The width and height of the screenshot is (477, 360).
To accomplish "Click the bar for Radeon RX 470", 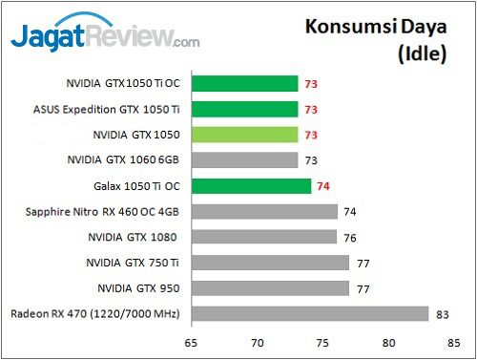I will [309, 313].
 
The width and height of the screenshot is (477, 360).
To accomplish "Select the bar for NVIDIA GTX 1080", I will [264, 236].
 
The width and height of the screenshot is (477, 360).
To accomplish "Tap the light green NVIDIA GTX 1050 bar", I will [244, 135].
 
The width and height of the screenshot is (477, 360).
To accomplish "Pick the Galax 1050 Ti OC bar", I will [251, 185].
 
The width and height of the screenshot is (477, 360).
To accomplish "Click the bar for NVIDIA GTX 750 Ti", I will [270, 262].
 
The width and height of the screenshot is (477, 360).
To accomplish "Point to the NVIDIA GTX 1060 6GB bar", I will [244, 159].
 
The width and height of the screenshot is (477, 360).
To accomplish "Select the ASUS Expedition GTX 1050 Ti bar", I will [244, 109].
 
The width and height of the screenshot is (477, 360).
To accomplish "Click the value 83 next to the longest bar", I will [440, 313].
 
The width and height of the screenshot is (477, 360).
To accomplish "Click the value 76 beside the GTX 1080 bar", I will [349, 236].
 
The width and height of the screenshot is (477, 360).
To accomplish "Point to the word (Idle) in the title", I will [421, 53].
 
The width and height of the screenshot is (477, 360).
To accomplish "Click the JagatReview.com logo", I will [105, 39].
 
